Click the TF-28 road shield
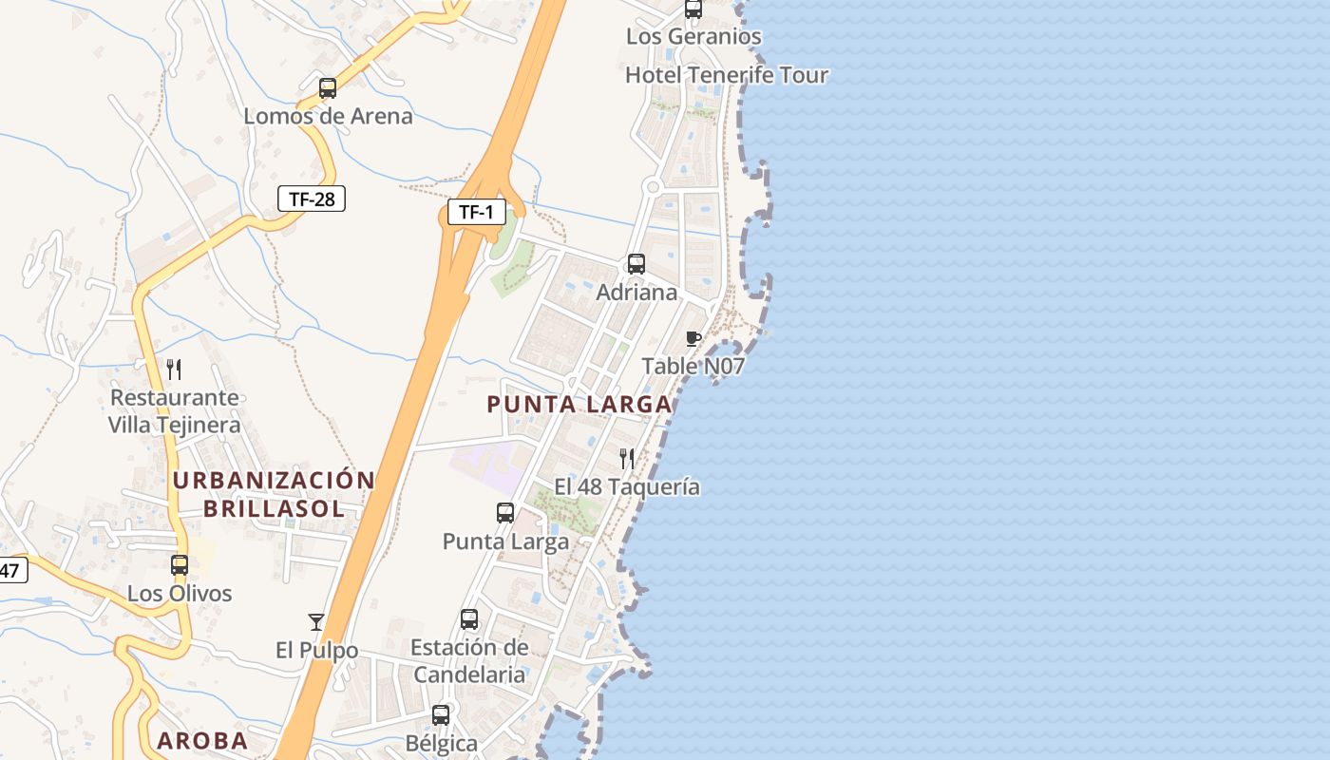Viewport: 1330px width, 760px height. pyautogui.click(x=311, y=199)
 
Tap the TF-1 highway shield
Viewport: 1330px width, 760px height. pyautogui.click(x=476, y=212)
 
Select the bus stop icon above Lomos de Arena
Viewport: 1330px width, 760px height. pyautogui.click(x=328, y=88)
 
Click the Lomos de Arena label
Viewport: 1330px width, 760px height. pyautogui.click(x=328, y=116)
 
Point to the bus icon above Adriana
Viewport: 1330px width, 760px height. pyautogui.click(x=636, y=264)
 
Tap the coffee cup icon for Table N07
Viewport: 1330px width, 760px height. pyautogui.click(x=693, y=339)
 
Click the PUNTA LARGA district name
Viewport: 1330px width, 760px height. pyautogui.click(x=579, y=404)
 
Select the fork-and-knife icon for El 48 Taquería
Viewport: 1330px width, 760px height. pyautogui.click(x=627, y=459)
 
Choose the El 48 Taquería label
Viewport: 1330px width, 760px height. pyautogui.click(x=627, y=486)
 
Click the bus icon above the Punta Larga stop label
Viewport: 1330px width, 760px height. pyautogui.click(x=505, y=513)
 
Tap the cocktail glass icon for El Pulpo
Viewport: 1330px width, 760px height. pyautogui.click(x=316, y=622)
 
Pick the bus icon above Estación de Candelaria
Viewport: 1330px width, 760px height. pyautogui.click(x=469, y=619)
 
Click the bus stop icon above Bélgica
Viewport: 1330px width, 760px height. pyautogui.click(x=441, y=714)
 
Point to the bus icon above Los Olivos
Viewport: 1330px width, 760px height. pyautogui.click(x=180, y=565)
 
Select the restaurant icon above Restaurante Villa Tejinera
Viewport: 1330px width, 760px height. pyautogui.click(x=174, y=369)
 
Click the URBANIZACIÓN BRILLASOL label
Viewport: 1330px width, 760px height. pyautogui.click(x=274, y=494)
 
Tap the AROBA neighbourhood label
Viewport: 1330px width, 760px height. pyautogui.click(x=202, y=741)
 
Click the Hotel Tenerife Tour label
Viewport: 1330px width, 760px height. pyautogui.click(x=727, y=75)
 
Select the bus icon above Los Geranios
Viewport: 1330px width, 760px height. pyautogui.click(x=693, y=9)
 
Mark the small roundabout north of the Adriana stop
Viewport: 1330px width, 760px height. pyautogui.click(x=652, y=187)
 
